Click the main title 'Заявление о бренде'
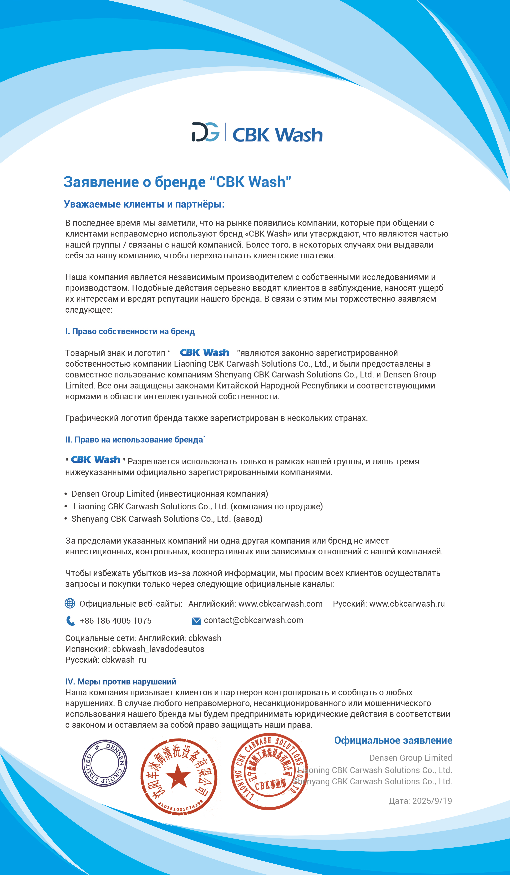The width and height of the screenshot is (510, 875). pyautogui.click(x=177, y=182)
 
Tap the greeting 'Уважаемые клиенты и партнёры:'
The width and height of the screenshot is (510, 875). pyautogui.click(x=144, y=204)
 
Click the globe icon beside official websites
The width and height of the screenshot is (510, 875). pyautogui.click(x=70, y=603)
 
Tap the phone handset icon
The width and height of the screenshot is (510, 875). pyautogui.click(x=70, y=620)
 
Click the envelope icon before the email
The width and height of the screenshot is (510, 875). pyautogui.click(x=196, y=621)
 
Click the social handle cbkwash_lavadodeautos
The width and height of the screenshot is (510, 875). pyautogui.click(x=158, y=649)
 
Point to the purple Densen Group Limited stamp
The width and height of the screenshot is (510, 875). pyautogui.click(x=104, y=763)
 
